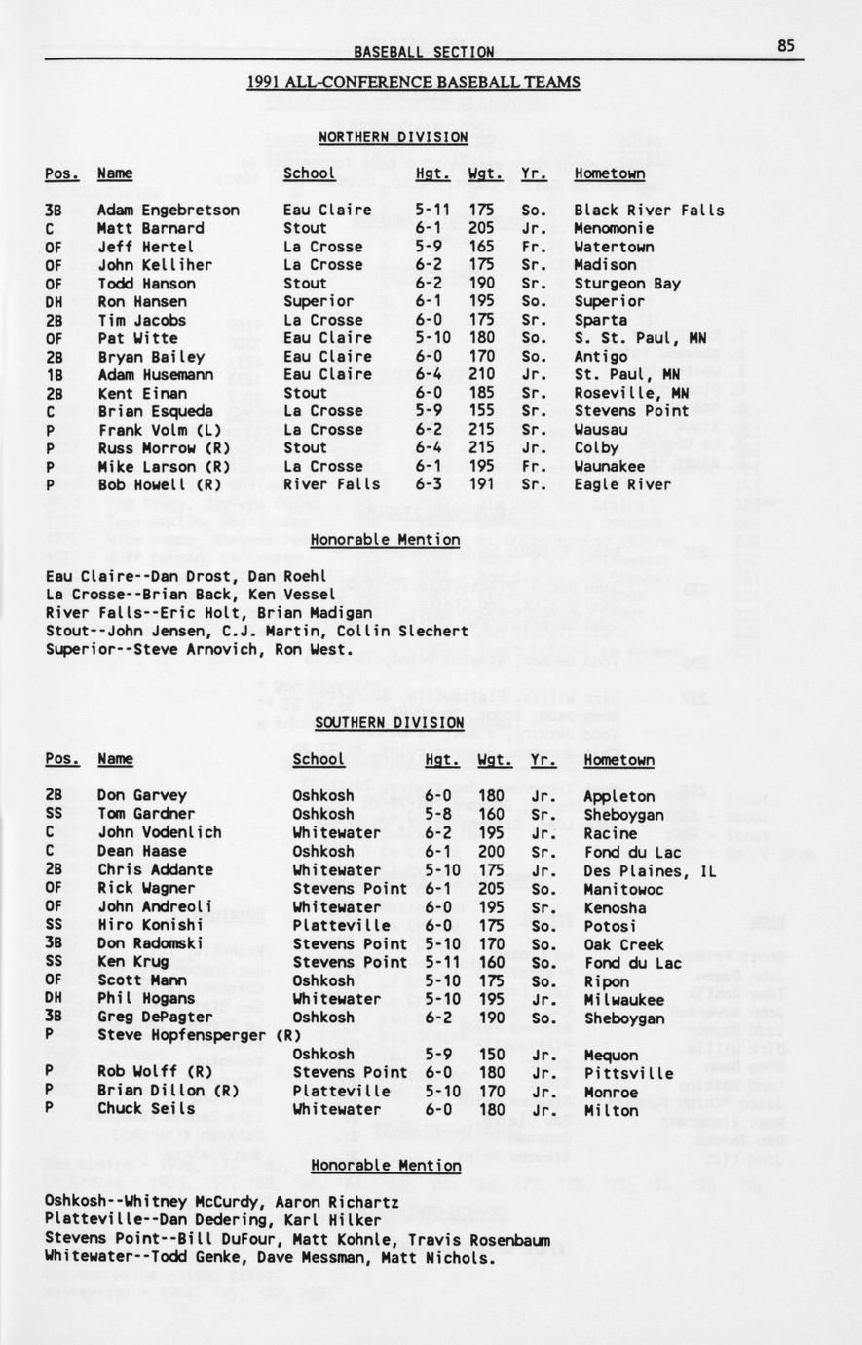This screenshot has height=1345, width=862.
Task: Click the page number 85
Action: click(786, 45)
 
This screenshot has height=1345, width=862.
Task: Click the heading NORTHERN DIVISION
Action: click(393, 137)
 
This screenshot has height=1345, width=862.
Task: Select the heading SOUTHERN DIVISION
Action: click(389, 722)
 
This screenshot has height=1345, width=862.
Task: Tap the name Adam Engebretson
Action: click(168, 210)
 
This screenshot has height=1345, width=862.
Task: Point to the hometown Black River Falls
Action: click(649, 210)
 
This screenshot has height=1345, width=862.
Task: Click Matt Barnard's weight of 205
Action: click(480, 228)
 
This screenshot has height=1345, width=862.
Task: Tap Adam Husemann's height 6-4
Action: click(432, 374)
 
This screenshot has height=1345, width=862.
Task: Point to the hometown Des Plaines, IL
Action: click(650, 869)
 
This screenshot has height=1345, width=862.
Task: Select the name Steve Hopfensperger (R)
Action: click(199, 1035)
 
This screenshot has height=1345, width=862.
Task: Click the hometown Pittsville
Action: click(628, 1073)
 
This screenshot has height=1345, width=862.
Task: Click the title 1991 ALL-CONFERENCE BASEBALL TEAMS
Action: click(413, 82)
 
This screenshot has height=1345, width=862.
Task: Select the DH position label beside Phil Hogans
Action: click(55, 999)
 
